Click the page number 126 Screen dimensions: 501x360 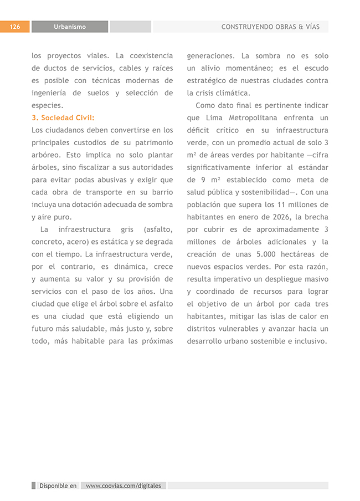pos(15,27)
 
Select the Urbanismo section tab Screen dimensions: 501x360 pos(70,27)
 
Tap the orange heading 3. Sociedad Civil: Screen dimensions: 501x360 pos(63,118)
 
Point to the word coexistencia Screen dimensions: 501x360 pos(151,56)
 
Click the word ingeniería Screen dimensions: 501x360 pos(50,93)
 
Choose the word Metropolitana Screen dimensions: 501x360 pos(254,117)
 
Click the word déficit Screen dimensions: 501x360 pos(199,130)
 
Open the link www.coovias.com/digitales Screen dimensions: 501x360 pos(124,486)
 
